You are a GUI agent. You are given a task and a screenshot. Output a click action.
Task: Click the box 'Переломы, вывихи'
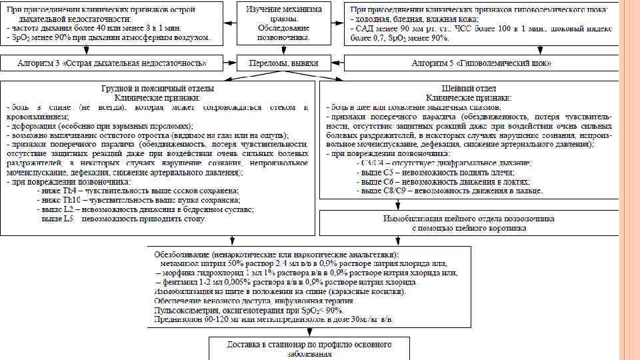(x=283, y=63)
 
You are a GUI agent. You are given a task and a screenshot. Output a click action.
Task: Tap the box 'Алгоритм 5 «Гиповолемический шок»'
(x=481, y=63)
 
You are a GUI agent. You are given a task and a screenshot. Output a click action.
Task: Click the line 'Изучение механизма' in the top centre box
(x=284, y=10)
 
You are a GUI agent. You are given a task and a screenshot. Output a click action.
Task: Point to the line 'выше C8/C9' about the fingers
(x=450, y=191)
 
